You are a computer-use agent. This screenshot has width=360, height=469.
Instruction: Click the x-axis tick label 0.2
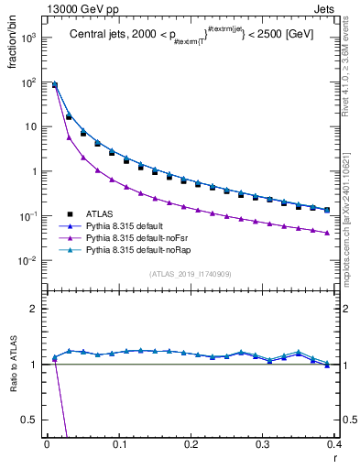coord(191,444)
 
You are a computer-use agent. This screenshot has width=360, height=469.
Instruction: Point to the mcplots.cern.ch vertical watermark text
coord(352,211)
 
